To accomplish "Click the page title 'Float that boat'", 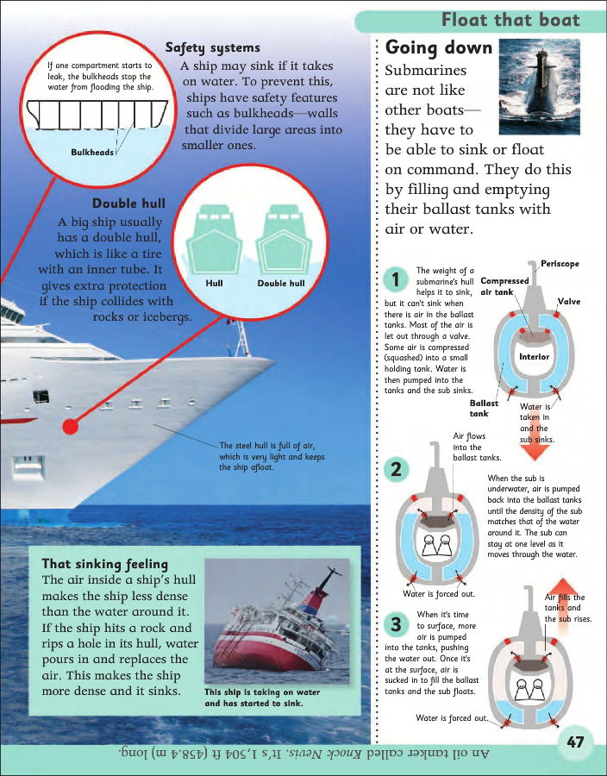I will [x=510, y=20].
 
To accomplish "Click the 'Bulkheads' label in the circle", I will [x=92, y=152].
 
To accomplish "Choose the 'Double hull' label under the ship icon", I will [x=281, y=283].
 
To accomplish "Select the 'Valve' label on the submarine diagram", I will [x=569, y=302].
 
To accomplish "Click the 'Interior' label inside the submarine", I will [x=535, y=357].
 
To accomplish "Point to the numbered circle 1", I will [x=395, y=280].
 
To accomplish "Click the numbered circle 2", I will [x=395, y=470].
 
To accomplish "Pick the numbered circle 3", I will [x=395, y=623].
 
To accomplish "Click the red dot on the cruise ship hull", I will [x=72, y=425].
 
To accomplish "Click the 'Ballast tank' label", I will [x=485, y=408].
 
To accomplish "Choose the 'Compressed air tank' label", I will [x=504, y=286].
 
